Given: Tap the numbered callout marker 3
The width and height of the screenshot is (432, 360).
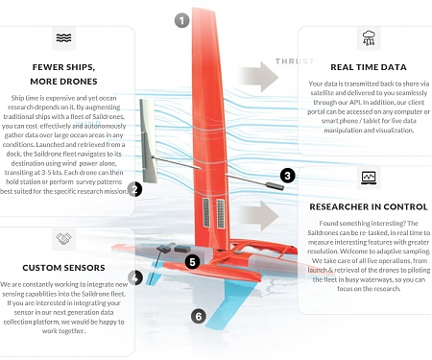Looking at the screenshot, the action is [287, 176].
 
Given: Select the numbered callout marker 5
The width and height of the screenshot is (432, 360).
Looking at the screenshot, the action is [192, 260].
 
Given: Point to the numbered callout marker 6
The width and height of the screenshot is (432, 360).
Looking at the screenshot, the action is [199, 315].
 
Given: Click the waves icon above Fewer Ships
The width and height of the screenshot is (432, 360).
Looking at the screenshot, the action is [64, 38].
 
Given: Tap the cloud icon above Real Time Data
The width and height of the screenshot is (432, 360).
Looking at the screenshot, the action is [369, 38].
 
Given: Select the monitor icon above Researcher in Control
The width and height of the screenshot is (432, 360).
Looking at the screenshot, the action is [369, 179].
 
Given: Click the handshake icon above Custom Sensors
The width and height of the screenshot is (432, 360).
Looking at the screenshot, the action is [64, 238].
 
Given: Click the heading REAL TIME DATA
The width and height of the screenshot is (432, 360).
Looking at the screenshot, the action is [369, 66].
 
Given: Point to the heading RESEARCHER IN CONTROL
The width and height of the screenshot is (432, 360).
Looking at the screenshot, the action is [369, 206].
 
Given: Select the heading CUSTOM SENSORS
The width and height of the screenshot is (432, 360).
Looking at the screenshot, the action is [64, 266].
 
